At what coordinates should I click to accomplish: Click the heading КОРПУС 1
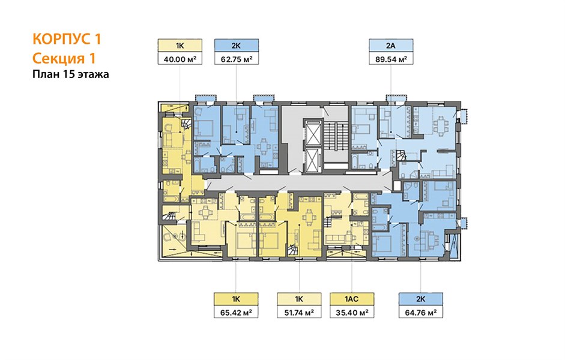click(x=67, y=39)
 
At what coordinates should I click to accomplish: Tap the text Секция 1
click(x=64, y=58)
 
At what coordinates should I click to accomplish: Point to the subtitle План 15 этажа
click(x=71, y=74)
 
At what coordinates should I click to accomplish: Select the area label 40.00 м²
click(x=180, y=59)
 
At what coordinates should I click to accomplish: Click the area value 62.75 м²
click(x=237, y=59)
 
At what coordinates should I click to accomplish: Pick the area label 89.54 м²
click(x=391, y=59)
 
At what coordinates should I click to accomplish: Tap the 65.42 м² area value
click(x=237, y=312)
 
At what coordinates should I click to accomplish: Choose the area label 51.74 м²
click(x=299, y=312)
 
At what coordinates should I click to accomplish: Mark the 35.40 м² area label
click(x=352, y=312)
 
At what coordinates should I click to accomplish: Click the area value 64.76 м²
click(x=421, y=312)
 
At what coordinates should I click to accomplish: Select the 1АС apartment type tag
click(x=352, y=299)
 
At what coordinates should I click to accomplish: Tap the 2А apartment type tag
click(x=391, y=46)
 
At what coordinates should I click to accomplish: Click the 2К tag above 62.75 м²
click(x=237, y=46)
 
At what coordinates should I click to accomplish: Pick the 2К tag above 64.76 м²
click(x=421, y=299)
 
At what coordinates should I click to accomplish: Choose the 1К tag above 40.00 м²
click(x=180, y=46)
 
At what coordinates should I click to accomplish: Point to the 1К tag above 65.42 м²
click(x=237, y=299)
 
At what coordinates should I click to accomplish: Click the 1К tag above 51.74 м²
click(x=299, y=299)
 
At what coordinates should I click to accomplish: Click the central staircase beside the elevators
click(x=335, y=137)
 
